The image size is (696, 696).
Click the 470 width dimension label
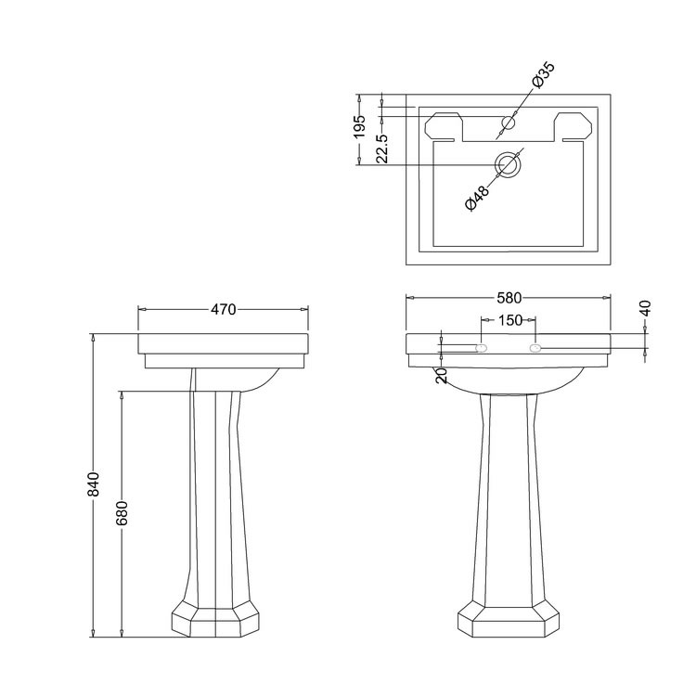[224, 309]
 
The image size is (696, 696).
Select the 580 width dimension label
[509, 299]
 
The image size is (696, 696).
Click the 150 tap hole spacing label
[508, 319]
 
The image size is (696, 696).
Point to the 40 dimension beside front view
[646, 309]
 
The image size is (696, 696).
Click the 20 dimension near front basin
[442, 375]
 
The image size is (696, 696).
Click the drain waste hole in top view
[507, 165]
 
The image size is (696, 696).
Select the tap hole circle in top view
[508, 122]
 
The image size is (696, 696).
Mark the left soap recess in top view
[445, 126]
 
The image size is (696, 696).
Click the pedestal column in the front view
[508, 501]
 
